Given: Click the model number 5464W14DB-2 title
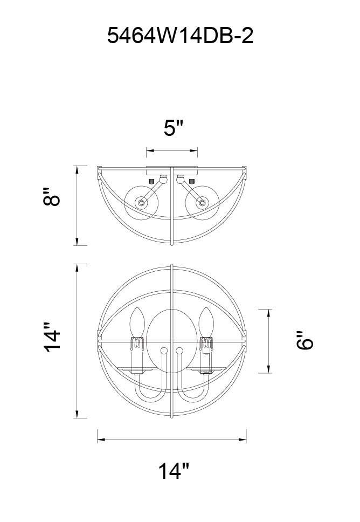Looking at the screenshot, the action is click(180, 36).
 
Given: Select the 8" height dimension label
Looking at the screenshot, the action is click(52, 197).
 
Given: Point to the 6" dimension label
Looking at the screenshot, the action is click(305, 340).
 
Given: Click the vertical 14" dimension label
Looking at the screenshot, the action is click(52, 337).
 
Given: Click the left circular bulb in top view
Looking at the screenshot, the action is click(141, 203).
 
